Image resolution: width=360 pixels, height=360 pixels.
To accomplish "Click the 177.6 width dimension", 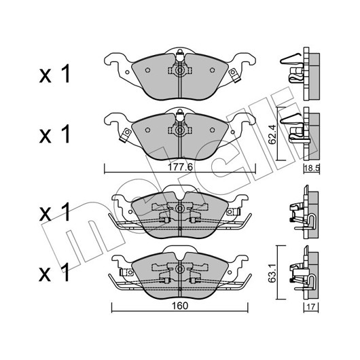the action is [x=180, y=167].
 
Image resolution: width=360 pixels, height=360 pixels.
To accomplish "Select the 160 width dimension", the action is [x=180, y=306].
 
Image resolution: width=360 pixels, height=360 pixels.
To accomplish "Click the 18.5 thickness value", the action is [x=312, y=168].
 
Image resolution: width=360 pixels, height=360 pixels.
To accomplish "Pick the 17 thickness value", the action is [x=311, y=307].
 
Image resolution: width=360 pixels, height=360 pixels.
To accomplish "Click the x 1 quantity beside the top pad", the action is [x=54, y=74].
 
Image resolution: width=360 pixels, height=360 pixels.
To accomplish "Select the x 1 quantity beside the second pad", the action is [x=54, y=134].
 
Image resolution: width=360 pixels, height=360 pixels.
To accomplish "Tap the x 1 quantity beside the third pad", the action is [x=54, y=212].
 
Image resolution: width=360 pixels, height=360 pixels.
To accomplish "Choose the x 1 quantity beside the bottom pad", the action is [x=54, y=272].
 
